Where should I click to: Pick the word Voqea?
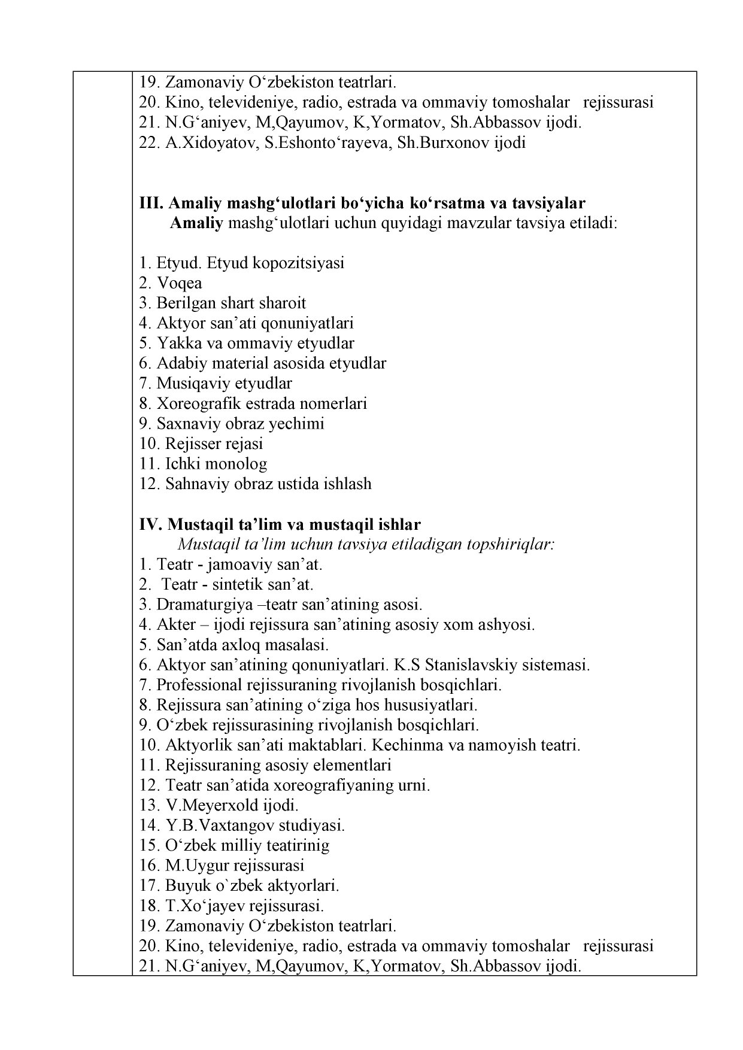[x=179, y=283]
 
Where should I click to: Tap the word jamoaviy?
[x=238, y=565]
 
